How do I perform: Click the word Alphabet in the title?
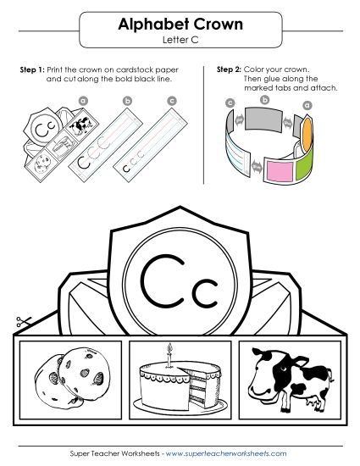tap(147, 25)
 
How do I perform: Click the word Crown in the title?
tap(215, 25)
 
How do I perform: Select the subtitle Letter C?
tap(180, 40)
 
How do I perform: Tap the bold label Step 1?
tap(32, 69)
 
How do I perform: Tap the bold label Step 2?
tap(229, 69)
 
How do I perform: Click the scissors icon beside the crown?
tap(23, 323)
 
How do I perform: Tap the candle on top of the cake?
tap(170, 352)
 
